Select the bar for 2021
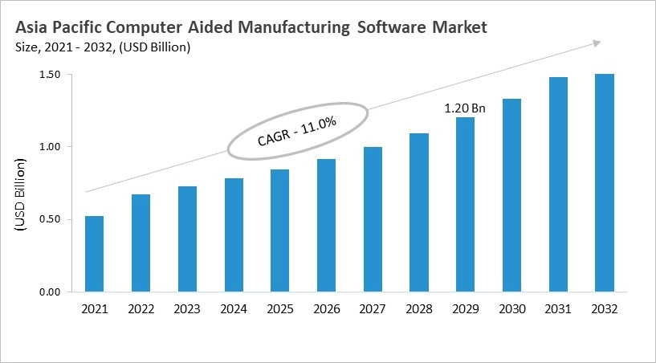(94, 254)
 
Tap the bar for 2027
(373, 219)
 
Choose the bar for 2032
(605, 183)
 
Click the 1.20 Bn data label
(466, 108)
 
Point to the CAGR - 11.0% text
(296, 130)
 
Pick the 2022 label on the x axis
(141, 309)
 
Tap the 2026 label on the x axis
(327, 309)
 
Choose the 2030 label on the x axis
(512, 309)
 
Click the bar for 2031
(558, 185)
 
